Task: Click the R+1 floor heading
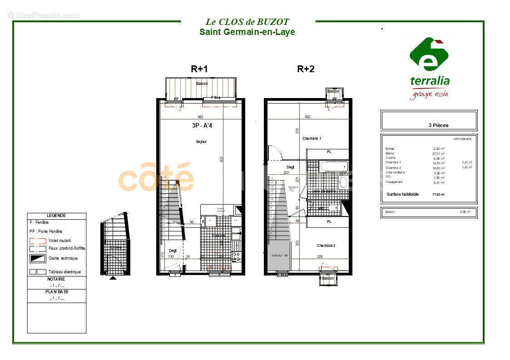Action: point(199,69)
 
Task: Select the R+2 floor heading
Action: point(306,69)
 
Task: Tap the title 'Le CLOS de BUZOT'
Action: point(247,22)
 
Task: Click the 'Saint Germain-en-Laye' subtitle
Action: point(247,32)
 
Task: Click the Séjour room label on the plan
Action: point(201,142)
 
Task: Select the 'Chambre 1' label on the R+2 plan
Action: point(312,138)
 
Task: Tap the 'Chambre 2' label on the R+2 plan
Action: point(326,246)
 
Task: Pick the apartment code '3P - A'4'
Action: point(202,126)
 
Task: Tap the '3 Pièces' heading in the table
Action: point(438,125)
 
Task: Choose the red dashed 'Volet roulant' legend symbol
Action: point(38,241)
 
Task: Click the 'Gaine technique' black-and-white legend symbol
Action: point(38,258)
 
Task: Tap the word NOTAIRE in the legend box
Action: point(56,279)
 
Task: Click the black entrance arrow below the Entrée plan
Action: point(113,277)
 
